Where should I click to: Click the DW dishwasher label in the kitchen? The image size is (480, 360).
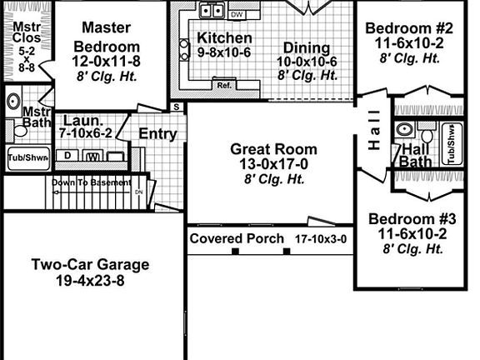click(x=237, y=14)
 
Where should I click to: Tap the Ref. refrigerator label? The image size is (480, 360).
click(x=224, y=85)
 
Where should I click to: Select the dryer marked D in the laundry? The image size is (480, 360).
click(x=67, y=156)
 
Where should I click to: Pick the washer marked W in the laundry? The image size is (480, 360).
click(x=93, y=156)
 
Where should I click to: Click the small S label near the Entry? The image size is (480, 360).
click(x=177, y=107)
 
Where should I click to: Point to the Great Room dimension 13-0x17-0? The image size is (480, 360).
click(x=273, y=164)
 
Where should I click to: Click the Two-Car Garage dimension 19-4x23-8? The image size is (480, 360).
click(x=90, y=280)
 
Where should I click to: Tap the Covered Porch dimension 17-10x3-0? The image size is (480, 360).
click(x=321, y=239)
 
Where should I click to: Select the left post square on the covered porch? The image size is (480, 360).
click(x=235, y=252)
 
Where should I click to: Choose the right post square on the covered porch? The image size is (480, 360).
click(x=287, y=252)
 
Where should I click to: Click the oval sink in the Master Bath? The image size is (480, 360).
click(x=14, y=101)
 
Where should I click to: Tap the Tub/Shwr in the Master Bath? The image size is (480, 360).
click(x=28, y=158)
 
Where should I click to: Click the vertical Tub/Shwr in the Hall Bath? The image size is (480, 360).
click(x=452, y=143)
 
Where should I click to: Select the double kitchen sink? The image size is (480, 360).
click(x=212, y=10)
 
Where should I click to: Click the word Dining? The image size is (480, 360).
click(x=307, y=48)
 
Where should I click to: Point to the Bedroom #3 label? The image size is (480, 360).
click(x=412, y=219)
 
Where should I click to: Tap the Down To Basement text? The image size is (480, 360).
click(x=92, y=182)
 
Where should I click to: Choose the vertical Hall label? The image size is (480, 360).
click(x=374, y=130)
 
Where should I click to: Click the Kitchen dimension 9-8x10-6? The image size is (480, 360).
click(x=224, y=52)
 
